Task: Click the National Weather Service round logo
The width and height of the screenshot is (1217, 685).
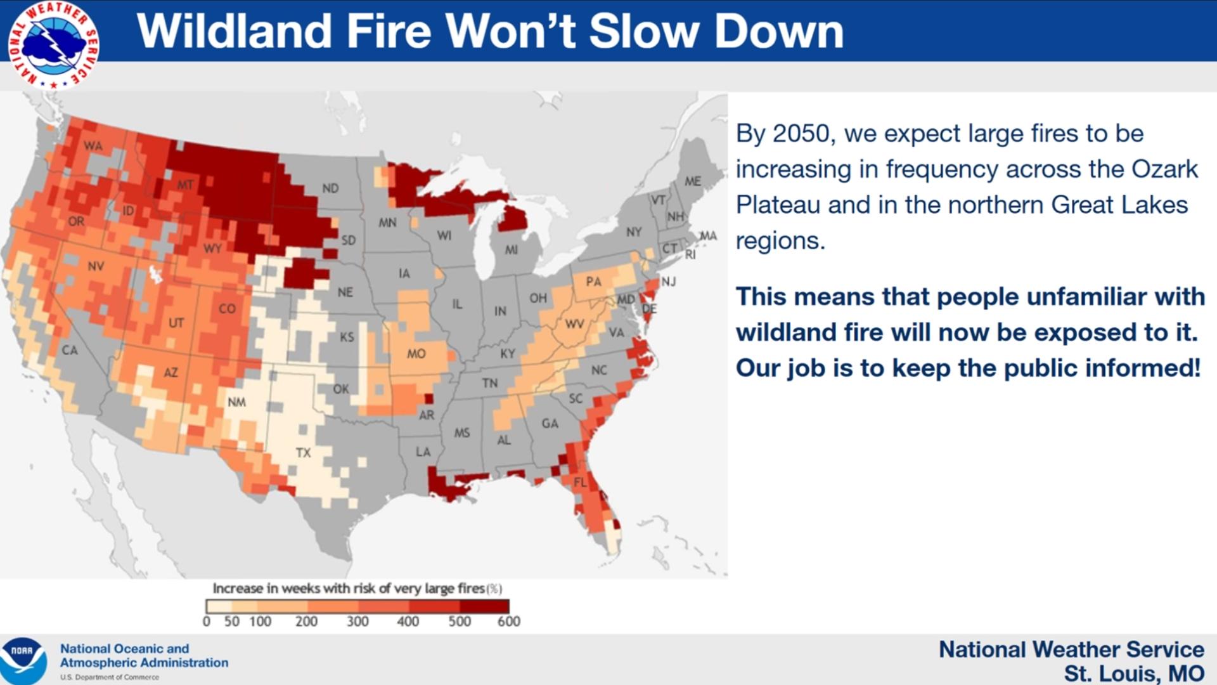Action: [x=53, y=44]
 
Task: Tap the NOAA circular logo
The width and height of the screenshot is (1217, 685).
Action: [x=23, y=660]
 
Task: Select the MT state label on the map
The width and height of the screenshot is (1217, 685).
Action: [x=185, y=185]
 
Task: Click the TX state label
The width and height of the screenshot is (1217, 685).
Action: [x=303, y=453]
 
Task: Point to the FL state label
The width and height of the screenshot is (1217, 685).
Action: [x=580, y=483]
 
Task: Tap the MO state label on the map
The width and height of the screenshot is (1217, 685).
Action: [x=416, y=354]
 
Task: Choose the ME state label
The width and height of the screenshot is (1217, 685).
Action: [x=693, y=181]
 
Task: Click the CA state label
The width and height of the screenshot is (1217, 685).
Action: [x=69, y=350]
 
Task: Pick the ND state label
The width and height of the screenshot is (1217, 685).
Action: [x=330, y=188]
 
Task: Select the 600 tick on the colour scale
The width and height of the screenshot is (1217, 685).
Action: [x=508, y=622]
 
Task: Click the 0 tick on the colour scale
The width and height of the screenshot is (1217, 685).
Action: [x=206, y=622]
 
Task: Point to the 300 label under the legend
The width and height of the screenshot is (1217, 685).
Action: [x=357, y=622]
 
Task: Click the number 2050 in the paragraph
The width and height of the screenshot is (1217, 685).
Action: [x=801, y=134]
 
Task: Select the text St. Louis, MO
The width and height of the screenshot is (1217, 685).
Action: [x=1134, y=673]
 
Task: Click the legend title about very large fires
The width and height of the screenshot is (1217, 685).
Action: [x=357, y=589]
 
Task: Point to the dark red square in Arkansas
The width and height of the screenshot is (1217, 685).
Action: [x=428, y=399]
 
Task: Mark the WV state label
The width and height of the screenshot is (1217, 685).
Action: [x=574, y=324]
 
